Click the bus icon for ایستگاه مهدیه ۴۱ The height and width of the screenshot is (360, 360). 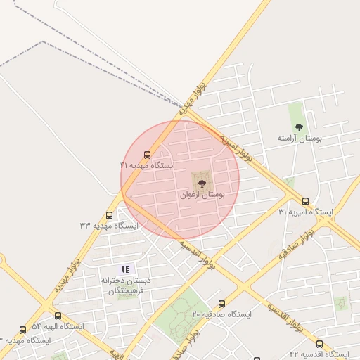coord(147,155)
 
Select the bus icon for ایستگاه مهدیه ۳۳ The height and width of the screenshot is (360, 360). coord(109,216)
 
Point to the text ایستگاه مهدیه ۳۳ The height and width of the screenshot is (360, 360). coord(109,226)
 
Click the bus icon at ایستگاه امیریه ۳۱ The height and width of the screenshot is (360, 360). coord(305,202)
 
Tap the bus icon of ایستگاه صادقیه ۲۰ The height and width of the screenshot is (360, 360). coord(222,304)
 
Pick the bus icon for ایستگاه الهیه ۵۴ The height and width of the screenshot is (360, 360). coord(58,316)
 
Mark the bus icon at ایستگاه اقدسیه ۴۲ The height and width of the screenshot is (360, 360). coord(319,344)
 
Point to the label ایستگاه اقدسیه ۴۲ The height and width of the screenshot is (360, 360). coord(319,354)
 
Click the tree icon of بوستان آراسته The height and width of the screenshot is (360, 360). coord(299,127)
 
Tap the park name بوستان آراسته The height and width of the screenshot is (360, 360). coord(299,139)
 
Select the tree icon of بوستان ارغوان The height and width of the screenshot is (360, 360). coord(202,183)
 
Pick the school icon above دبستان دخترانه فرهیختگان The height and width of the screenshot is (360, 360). coord(125,269)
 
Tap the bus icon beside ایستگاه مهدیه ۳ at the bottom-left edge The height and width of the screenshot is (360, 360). coord(22,330)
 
